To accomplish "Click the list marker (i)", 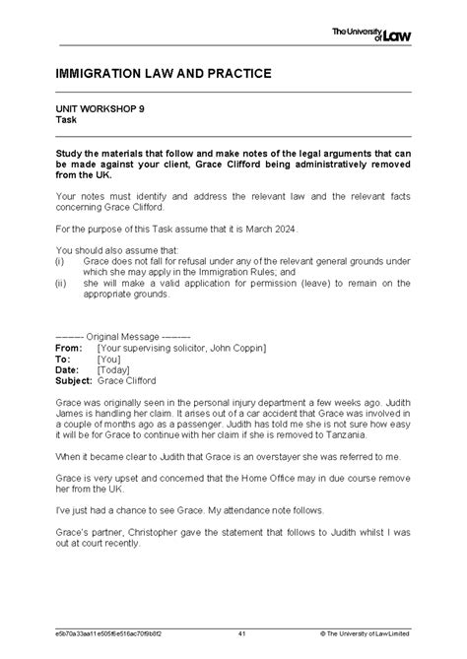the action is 61,261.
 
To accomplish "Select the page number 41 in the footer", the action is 242,630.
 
